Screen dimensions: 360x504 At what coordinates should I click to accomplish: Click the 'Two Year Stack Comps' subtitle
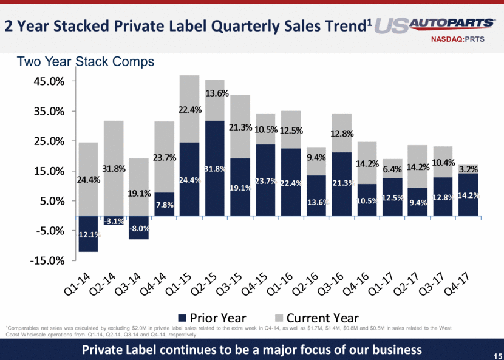86,61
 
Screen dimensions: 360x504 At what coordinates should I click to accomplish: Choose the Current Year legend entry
315,318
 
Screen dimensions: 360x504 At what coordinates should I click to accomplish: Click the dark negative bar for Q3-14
139,228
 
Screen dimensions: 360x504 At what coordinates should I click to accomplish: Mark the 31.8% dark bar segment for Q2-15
215,168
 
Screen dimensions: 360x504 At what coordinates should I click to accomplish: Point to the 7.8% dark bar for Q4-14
165,204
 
